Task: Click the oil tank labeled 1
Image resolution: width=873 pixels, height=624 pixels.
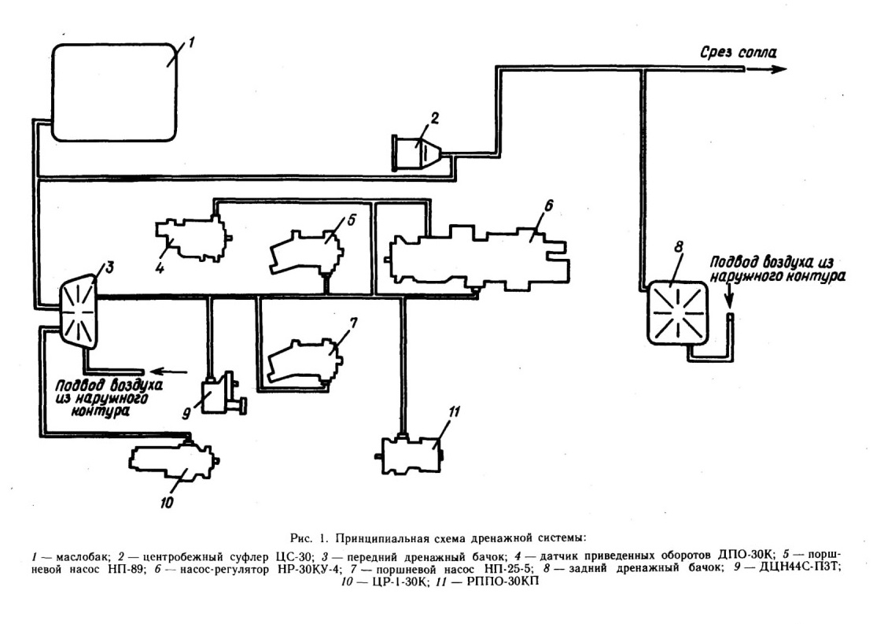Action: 114,92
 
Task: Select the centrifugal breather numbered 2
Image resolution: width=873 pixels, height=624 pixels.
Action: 417,152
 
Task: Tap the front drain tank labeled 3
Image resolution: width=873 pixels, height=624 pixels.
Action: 79,309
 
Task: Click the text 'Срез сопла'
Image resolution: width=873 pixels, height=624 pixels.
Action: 737,53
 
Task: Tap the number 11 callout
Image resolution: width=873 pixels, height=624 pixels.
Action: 455,413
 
